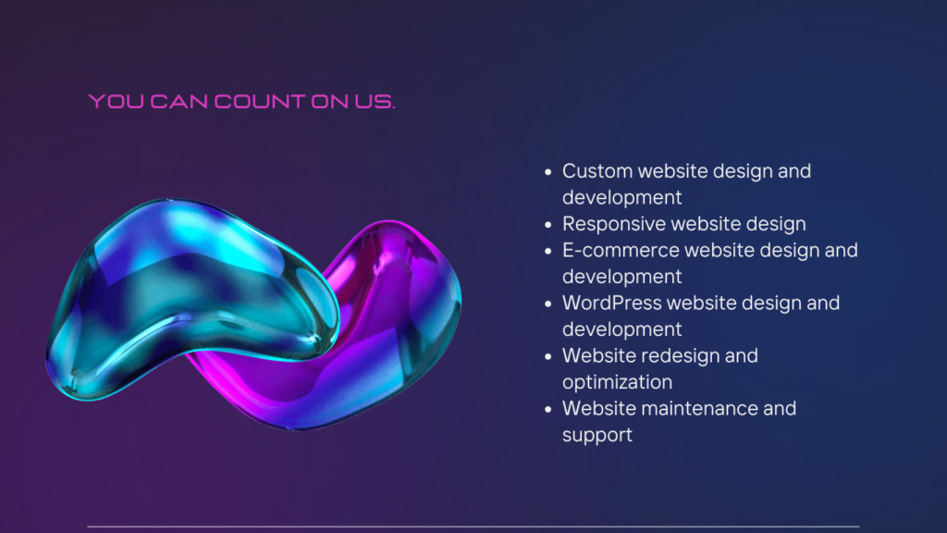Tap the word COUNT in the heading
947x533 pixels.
(x=260, y=102)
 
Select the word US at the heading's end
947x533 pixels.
(x=375, y=102)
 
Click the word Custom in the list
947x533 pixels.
(x=597, y=171)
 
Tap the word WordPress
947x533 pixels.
(x=612, y=303)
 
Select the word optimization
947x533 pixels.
(x=617, y=382)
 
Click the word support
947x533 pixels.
(x=597, y=436)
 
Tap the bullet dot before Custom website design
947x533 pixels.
(x=547, y=172)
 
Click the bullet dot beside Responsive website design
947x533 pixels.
(x=547, y=225)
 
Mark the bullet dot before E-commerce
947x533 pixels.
(x=547, y=252)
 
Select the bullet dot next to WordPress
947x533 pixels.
(x=547, y=304)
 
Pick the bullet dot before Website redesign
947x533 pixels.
(x=547, y=356)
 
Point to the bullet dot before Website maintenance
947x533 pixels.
(x=547, y=410)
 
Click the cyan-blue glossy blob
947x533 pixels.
(x=181, y=290)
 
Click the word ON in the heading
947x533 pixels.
(x=330, y=102)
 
